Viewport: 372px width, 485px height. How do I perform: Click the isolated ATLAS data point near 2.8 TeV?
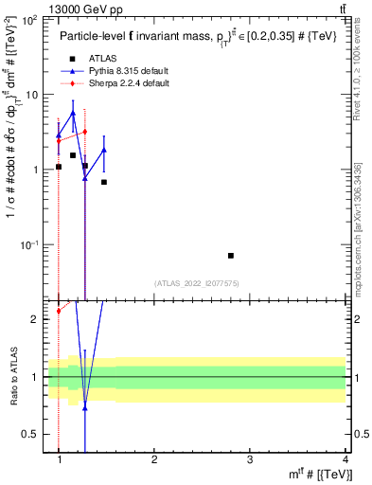[x=231, y=256]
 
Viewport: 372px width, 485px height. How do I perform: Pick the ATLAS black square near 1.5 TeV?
[x=104, y=182]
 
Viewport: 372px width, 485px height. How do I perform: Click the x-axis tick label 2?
[x=154, y=459]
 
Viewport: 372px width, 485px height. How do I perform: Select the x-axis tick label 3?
[x=250, y=459]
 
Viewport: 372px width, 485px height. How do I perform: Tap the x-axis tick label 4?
[x=345, y=459]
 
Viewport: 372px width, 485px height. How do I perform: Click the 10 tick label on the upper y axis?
[x=35, y=95]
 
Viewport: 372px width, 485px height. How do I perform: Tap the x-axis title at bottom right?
[x=321, y=474]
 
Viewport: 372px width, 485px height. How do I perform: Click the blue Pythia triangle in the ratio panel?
[x=85, y=407]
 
